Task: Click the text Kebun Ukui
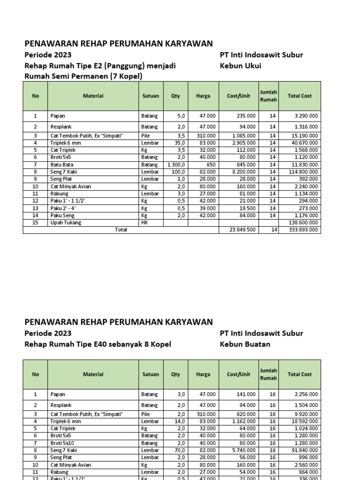pos(240,66)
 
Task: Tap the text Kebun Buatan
pos(245,344)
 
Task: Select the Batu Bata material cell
pos(62,165)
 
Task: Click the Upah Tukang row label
pos(66,223)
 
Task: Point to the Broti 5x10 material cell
pos(62,443)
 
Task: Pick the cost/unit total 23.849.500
pos(242,230)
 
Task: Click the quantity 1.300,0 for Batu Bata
pos(176,165)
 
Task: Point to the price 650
pos(211,165)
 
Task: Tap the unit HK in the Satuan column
pos(144,223)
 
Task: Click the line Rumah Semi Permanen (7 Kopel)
pos(83,76)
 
